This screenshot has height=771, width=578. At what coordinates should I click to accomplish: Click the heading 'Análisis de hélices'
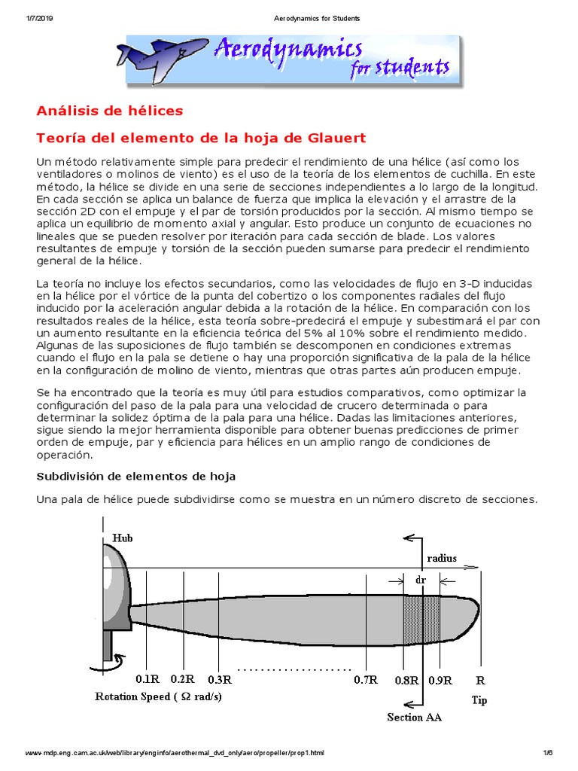coord(110,111)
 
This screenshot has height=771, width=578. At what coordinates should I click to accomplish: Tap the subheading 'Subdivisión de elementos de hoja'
coord(136,477)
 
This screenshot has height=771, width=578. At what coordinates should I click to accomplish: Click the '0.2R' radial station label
coord(184,679)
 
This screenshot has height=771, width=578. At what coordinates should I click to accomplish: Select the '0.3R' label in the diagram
coord(218,680)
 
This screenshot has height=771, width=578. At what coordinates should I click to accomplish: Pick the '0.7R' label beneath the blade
coord(365,680)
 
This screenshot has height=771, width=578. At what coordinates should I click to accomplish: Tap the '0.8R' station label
coord(406,680)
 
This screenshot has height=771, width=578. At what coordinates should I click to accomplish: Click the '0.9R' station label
coord(440,680)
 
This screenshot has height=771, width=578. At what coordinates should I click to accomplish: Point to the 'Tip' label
coord(479,700)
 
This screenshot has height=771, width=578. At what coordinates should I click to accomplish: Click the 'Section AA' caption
coord(414,717)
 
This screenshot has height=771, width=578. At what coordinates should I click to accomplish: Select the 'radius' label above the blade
coord(442,559)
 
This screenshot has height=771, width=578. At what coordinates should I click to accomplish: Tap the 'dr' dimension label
coord(421,581)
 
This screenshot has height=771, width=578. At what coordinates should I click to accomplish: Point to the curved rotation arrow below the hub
coord(102,664)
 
